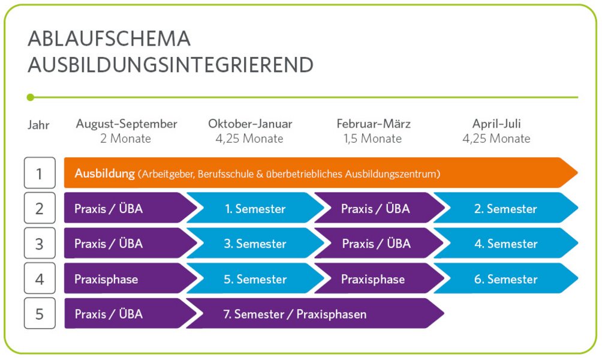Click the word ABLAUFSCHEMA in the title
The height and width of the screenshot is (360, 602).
click(109, 39)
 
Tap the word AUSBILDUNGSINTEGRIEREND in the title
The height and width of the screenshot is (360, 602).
click(170, 65)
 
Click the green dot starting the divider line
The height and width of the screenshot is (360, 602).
click(31, 97)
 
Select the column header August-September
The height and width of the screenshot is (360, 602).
click(127, 124)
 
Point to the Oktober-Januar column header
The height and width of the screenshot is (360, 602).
click(250, 124)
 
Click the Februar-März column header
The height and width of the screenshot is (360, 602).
click(374, 124)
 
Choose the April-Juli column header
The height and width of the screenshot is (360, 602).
click(496, 124)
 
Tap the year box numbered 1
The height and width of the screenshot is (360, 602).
click(40, 173)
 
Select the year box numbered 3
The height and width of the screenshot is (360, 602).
click(40, 243)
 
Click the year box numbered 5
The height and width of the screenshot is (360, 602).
click(40, 314)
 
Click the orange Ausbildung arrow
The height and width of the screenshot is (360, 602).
click(321, 173)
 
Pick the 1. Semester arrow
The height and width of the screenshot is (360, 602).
click(255, 208)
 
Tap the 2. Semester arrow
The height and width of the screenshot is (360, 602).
click(505, 208)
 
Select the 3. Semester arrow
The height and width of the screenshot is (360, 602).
click(255, 243)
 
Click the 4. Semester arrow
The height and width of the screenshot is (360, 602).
click(505, 243)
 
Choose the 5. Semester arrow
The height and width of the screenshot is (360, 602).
click(255, 278)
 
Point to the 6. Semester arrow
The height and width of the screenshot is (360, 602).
click(505, 278)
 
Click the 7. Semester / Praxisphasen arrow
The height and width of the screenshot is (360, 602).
click(315, 314)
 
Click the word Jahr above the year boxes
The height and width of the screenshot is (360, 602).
click(38, 125)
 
